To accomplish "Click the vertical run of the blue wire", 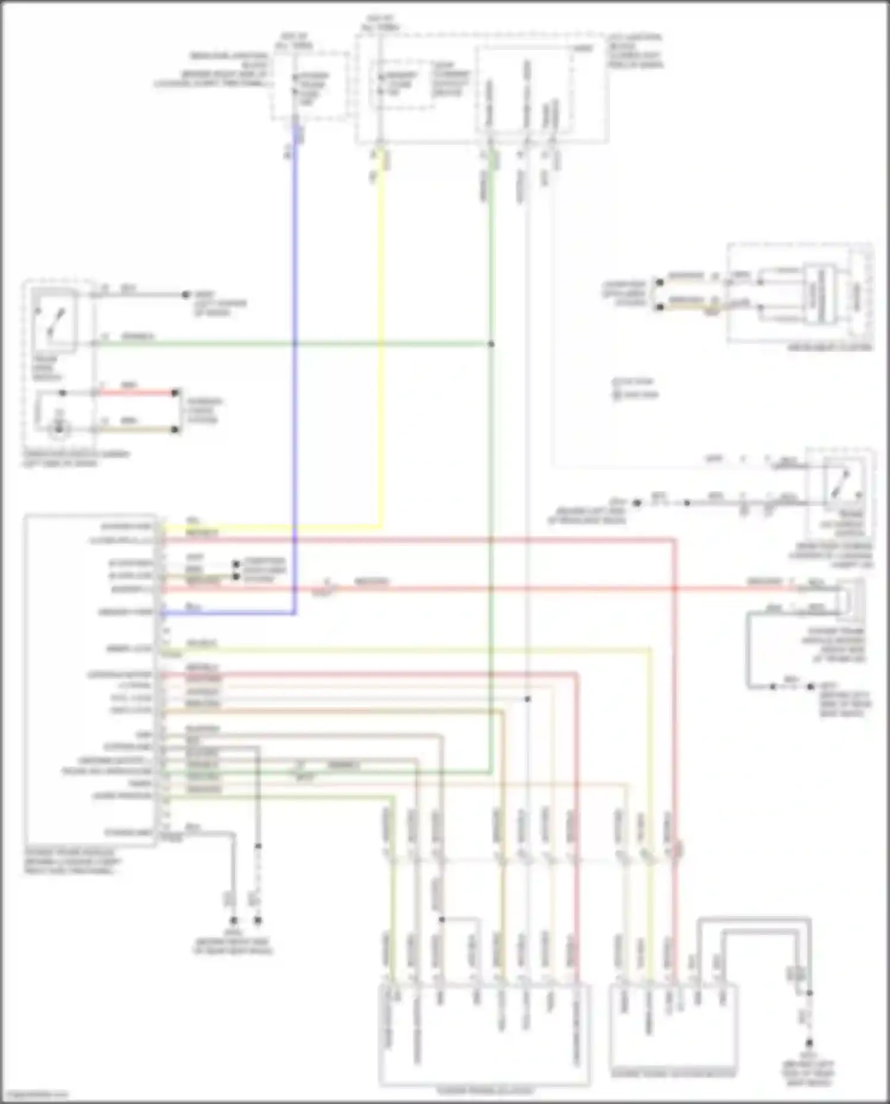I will tap(295, 380).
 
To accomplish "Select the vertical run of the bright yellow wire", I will tap(380, 356).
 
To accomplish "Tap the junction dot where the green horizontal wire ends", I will tap(491, 344).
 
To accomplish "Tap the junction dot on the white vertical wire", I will tap(527, 699).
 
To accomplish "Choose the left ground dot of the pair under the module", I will tap(234, 921).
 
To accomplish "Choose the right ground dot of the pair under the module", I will tap(258, 921).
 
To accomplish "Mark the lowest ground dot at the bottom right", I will tap(809, 1043).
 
